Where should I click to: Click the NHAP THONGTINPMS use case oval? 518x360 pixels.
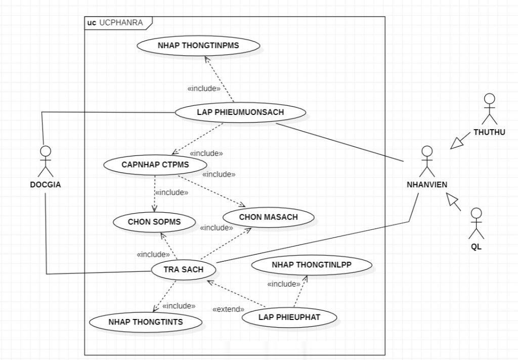pyautogui.click(x=198, y=46)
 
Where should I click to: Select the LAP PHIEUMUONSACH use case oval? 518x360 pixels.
pyautogui.click(x=240, y=112)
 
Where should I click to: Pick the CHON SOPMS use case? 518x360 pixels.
pyautogui.click(x=154, y=221)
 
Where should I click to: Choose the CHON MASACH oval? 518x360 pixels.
pyautogui.click(x=268, y=217)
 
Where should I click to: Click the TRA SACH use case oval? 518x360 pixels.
pyautogui.click(x=183, y=269)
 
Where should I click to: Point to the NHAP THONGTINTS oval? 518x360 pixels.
pyautogui.click(x=146, y=322)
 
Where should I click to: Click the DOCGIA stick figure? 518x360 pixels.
pyautogui.click(x=46, y=161)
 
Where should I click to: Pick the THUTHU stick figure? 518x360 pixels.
pyautogui.click(x=489, y=109)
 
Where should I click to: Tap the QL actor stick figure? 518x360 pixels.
pyautogui.click(x=476, y=223)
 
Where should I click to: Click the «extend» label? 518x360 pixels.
pyautogui.click(x=228, y=309)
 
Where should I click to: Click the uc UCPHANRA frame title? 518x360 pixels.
pyautogui.click(x=115, y=22)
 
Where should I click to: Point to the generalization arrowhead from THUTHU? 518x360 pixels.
pyautogui.click(x=457, y=143)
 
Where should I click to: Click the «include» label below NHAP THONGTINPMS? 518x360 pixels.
pyautogui.click(x=204, y=88)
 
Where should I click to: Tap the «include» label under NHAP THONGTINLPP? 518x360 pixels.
pyautogui.click(x=284, y=284)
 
